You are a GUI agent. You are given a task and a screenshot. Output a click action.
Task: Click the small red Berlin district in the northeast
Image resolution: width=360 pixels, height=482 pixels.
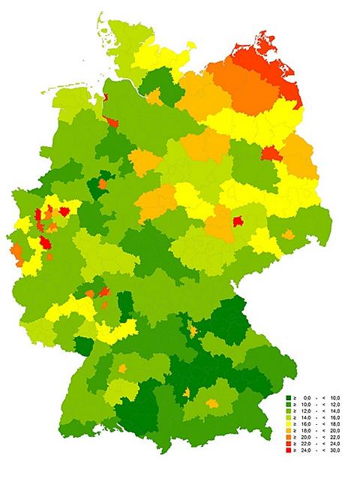pyautogui.click(x=269, y=153)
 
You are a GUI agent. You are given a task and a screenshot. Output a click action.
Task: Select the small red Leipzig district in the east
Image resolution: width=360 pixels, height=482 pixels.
pyautogui.click(x=238, y=221)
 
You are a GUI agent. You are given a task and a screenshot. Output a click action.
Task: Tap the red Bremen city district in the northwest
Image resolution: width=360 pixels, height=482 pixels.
pyautogui.click(x=112, y=122)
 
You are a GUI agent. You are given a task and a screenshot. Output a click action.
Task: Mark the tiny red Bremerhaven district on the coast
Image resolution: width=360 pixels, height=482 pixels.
pyautogui.click(x=103, y=94)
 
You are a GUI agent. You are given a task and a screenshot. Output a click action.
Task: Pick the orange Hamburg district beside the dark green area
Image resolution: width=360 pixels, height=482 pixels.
pyautogui.click(x=154, y=98)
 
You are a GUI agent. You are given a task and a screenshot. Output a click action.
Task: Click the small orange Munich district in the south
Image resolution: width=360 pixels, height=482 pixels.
pyautogui.click(x=213, y=403)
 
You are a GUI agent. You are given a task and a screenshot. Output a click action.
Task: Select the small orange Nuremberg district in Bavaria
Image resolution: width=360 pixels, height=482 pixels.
pyautogui.click(x=193, y=330)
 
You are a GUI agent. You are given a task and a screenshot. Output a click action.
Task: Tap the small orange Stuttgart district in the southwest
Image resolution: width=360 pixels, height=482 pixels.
pyautogui.click(x=121, y=369)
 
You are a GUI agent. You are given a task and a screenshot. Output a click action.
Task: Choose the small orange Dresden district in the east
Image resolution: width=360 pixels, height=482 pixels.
pyautogui.click(x=288, y=235)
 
